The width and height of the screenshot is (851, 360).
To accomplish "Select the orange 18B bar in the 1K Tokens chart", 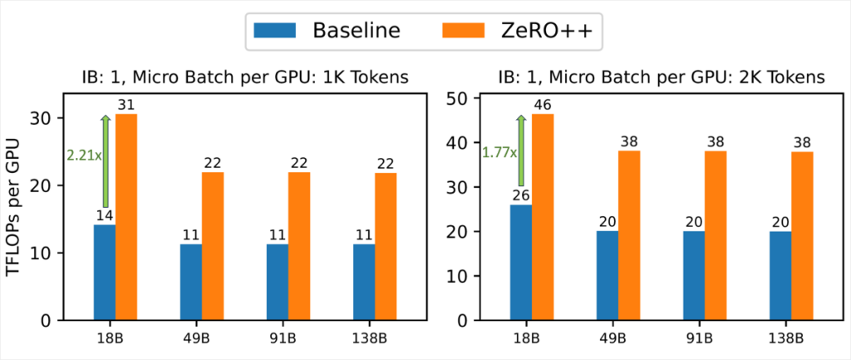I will [x=126, y=217].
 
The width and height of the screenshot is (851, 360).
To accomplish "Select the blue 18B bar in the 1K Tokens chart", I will [x=105, y=272].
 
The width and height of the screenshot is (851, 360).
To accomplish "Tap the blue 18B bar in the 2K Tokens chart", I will [x=521, y=262].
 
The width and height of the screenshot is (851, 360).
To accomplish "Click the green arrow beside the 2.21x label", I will [x=106, y=161].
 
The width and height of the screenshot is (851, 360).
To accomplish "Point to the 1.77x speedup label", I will [x=499, y=152].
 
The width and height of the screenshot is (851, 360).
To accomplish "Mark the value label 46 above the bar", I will [x=543, y=106].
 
